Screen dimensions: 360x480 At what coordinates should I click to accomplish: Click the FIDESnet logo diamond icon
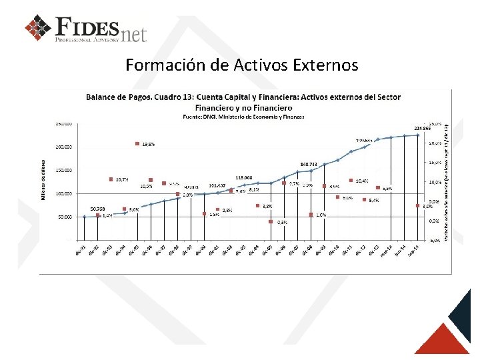pyautogui.click(x=38, y=27)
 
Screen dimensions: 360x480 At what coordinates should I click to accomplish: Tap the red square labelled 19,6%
pyautogui.click(x=137, y=143)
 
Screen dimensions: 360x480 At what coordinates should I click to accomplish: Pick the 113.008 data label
pyautogui.click(x=243, y=177)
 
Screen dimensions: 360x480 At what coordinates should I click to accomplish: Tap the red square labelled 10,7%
pyautogui.click(x=111, y=179)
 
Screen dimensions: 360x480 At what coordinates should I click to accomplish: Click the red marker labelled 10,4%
pyautogui.click(x=351, y=180)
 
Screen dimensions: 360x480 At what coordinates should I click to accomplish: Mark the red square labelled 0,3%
pyautogui.click(x=271, y=222)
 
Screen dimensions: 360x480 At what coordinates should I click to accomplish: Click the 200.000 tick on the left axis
pyautogui.click(x=64, y=147)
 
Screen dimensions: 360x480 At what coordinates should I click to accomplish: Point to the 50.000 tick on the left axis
pyautogui.click(x=65, y=217)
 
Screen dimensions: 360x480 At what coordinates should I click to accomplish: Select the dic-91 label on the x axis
pyautogui.click(x=79, y=249)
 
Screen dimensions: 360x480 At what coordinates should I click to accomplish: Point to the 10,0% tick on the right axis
pyautogui.click(x=434, y=182)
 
